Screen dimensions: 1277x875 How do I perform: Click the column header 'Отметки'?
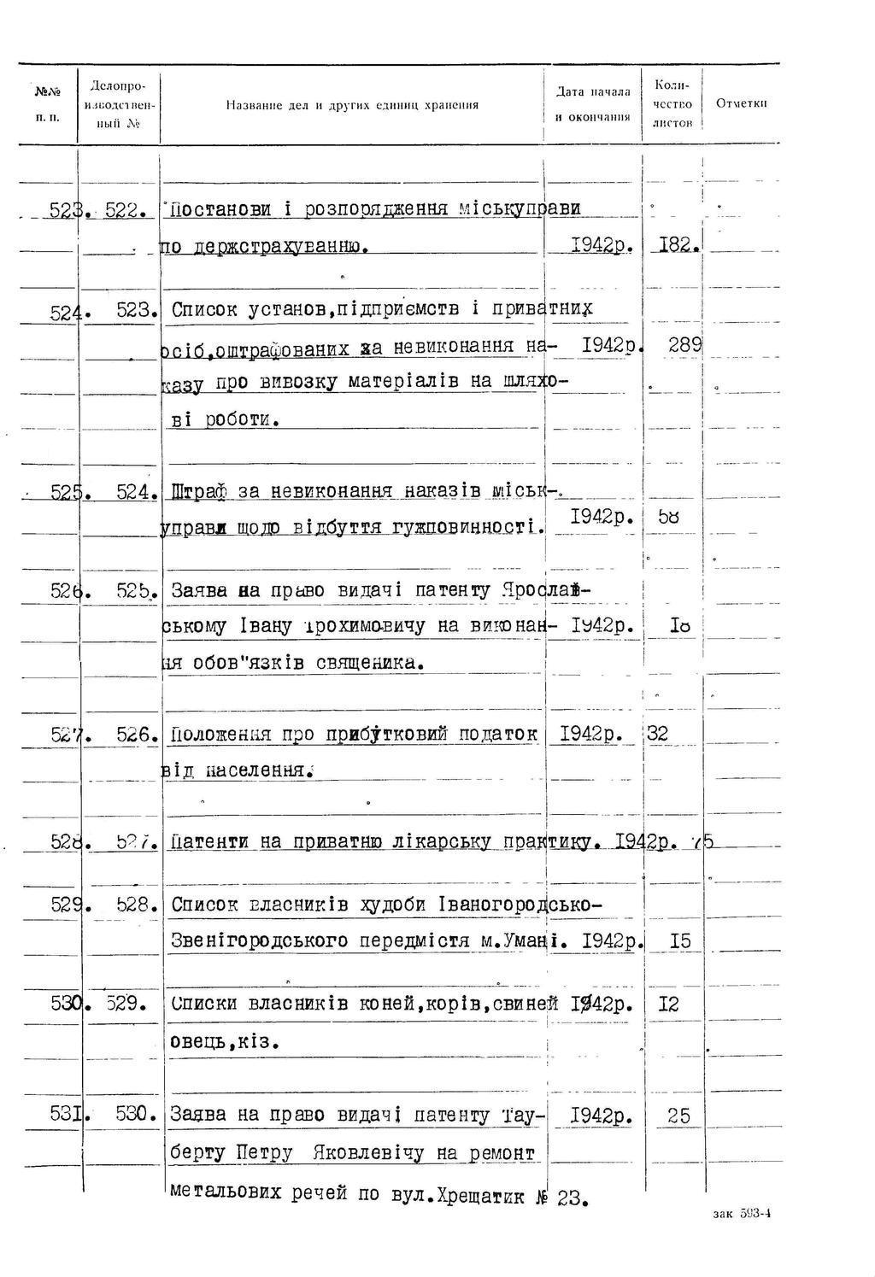(741, 103)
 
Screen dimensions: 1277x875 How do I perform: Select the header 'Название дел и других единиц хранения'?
(352, 105)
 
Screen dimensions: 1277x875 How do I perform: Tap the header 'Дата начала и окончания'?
(593, 104)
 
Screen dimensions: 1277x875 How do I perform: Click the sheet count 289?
(685, 345)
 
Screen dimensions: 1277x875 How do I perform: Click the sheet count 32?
(658, 734)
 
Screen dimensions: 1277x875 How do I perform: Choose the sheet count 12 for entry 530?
(669, 1005)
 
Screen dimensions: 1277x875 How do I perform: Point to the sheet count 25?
(678, 1116)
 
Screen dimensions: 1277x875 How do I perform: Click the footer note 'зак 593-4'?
(743, 1214)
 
